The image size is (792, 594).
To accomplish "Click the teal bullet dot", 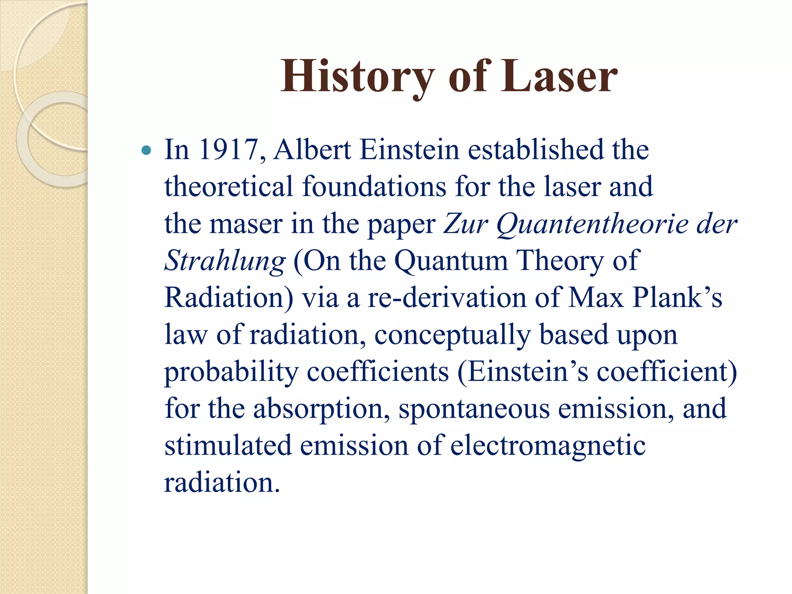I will pos(146,150).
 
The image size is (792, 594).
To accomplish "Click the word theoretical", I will pos(229,187).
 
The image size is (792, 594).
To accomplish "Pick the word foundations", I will pos(374,187).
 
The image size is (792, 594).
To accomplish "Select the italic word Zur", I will pos(466,224).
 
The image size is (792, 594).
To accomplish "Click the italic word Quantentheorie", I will pos(592,224).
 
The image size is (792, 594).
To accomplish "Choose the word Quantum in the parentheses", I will pos(451,261).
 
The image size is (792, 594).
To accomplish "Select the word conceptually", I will pos(452,335).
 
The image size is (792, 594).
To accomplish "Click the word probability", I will pos(231,372).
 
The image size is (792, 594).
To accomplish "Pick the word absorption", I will pos(321,409).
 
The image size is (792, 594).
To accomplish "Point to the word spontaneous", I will pos(474,409).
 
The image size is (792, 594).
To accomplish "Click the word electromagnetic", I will pos(548,446).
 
